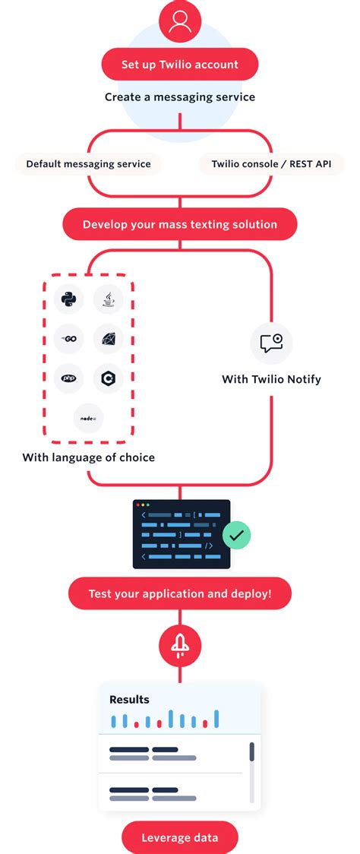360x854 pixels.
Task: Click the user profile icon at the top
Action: click(x=180, y=21)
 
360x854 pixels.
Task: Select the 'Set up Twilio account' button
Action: click(x=180, y=65)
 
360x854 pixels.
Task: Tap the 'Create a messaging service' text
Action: click(x=180, y=97)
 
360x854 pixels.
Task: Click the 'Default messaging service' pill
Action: click(x=88, y=163)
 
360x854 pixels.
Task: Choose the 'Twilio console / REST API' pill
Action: click(x=272, y=163)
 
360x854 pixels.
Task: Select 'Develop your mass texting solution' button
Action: click(x=180, y=224)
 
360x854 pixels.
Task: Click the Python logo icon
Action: click(x=69, y=299)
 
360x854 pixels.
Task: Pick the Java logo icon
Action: click(x=109, y=299)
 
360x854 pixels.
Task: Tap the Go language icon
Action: click(x=69, y=338)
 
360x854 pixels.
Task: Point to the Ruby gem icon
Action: click(x=109, y=338)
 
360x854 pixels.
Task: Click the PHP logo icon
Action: click(x=69, y=378)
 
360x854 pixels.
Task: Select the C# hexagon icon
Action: click(x=109, y=378)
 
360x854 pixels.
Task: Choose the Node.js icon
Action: click(x=89, y=418)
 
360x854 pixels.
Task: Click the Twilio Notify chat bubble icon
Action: click(x=271, y=343)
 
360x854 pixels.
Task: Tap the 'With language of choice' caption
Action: click(x=89, y=457)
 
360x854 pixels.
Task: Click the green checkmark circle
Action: click(x=236, y=535)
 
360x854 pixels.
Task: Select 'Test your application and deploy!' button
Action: click(x=180, y=593)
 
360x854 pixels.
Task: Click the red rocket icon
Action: click(x=180, y=646)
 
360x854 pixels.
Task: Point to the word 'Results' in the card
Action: click(x=129, y=699)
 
